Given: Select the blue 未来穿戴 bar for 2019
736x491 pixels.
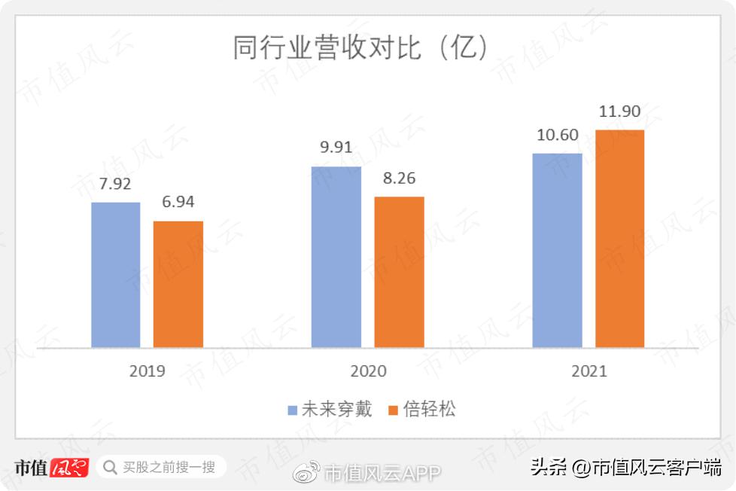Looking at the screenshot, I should point(116,275).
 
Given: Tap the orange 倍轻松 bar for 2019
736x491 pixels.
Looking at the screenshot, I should point(178,284).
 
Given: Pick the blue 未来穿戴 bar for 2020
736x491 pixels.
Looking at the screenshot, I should point(336,257).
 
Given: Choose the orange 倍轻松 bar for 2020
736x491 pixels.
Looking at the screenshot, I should point(399,272).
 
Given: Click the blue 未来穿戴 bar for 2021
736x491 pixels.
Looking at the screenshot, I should point(557,250).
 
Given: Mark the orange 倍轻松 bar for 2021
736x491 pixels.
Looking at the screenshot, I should point(619,239).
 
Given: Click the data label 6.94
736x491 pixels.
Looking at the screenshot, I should point(178,202).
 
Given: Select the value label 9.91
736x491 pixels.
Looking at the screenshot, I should point(336,148).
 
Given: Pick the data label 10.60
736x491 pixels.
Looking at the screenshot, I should point(557,135).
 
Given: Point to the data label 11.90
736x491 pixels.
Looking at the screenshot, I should point(619,111).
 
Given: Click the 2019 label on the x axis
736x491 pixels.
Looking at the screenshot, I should point(147,371).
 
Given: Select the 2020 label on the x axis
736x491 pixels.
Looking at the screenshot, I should point(368,371).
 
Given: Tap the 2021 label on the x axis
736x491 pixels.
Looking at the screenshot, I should point(588,371).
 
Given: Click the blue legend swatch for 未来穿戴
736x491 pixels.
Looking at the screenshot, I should point(293,410).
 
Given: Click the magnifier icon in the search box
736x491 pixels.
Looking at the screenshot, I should point(110,468).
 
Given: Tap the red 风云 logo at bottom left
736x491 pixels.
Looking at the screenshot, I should point(69,468).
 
